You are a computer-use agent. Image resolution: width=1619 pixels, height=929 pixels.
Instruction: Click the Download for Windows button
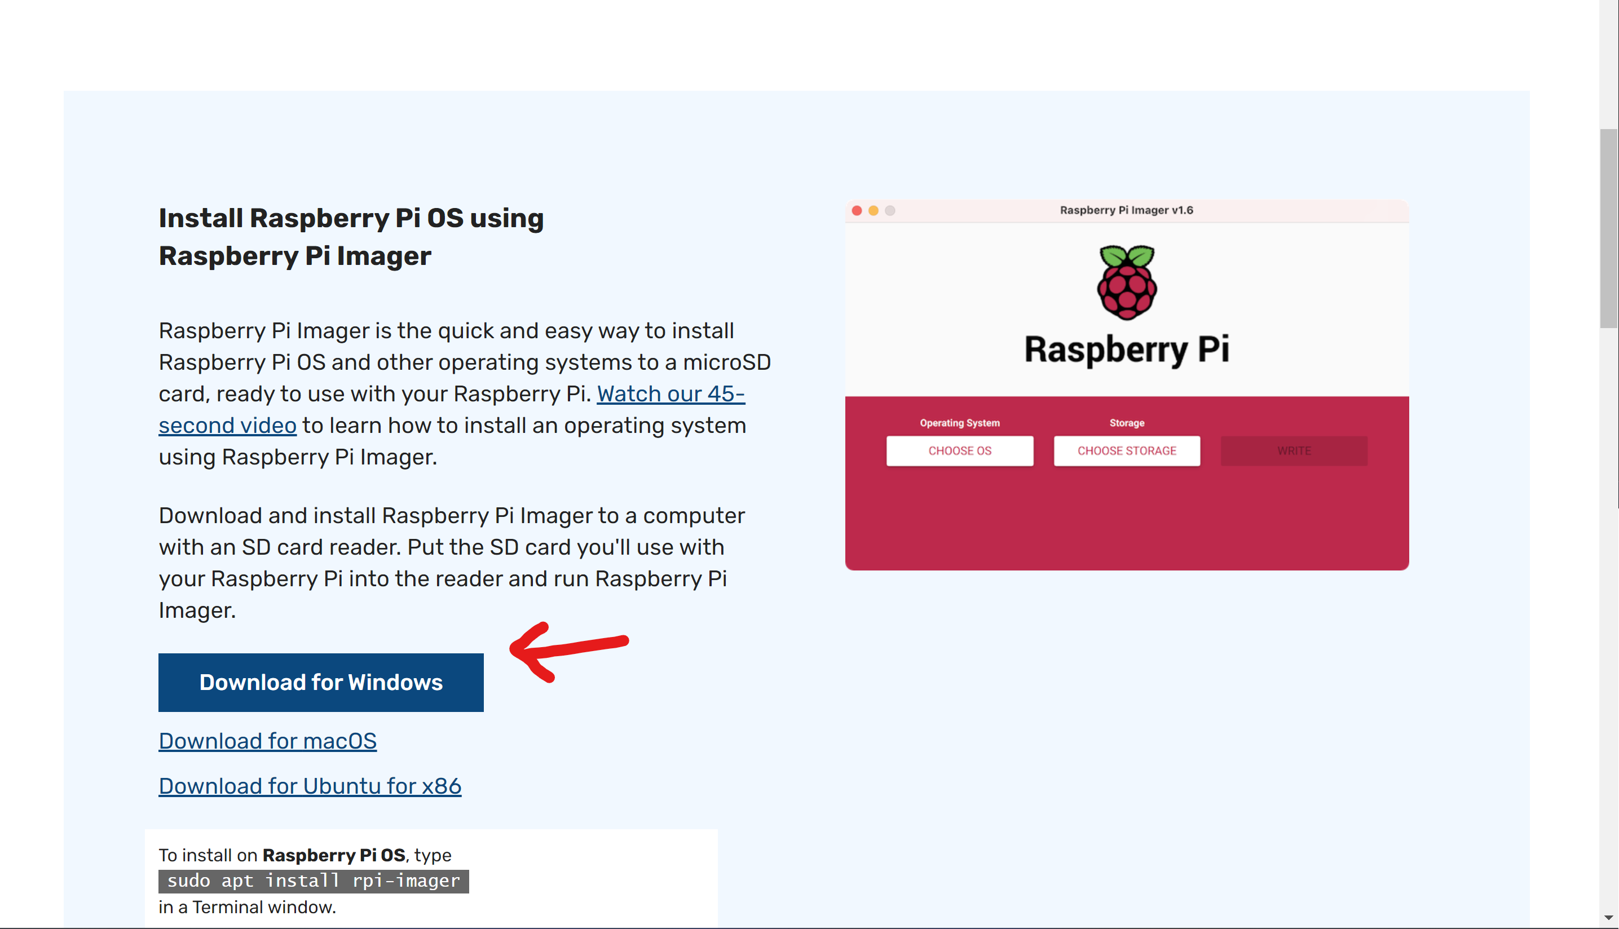click(320, 682)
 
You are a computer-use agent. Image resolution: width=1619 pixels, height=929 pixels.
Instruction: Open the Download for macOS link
click(267, 741)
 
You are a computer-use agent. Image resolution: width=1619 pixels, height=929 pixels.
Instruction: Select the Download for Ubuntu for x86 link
click(310, 786)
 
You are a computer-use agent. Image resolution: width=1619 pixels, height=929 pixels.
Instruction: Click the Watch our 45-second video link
click(670, 393)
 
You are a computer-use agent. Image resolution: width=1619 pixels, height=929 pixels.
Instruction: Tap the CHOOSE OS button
click(959, 450)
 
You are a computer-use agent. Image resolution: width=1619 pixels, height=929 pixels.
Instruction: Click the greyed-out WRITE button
click(1294, 450)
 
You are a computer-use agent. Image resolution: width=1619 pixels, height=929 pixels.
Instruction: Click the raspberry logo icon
click(1126, 282)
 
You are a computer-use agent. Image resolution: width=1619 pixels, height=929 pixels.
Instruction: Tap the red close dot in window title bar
click(857, 211)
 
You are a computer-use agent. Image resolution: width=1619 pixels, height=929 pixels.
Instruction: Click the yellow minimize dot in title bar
click(873, 211)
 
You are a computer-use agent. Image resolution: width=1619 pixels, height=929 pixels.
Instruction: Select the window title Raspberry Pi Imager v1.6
click(1126, 210)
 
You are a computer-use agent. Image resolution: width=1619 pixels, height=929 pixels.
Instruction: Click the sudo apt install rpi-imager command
click(314, 881)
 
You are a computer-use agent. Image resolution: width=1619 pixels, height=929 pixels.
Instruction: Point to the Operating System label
click(959, 422)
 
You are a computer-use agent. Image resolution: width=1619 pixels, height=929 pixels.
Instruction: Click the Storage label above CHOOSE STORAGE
click(1126, 422)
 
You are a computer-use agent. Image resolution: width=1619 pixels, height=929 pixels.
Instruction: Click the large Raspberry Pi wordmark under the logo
click(1126, 349)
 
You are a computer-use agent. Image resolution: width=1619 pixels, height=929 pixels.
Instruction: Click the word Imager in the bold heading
click(383, 256)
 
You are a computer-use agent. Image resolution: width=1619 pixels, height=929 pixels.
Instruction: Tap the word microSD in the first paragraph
click(726, 362)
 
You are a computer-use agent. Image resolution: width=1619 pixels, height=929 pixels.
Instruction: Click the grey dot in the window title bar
click(890, 211)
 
